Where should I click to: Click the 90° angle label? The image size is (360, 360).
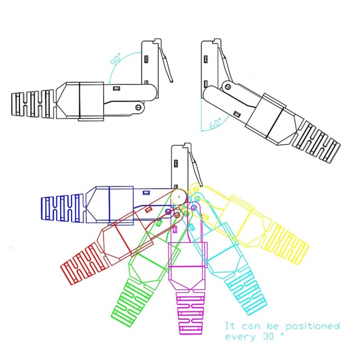pos(116,59)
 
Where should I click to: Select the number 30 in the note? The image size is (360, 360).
pos(268,336)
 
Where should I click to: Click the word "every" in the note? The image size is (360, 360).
pos(240,337)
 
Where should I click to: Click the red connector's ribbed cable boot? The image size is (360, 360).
pos(84,263)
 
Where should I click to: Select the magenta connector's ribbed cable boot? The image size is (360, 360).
pos(191,312)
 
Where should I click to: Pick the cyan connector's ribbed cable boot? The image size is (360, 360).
pos(246,291)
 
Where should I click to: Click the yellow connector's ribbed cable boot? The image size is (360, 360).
pos(285,245)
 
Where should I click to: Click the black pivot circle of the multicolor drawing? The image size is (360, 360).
pos(179,196)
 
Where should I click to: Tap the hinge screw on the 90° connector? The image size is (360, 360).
pos(138,107)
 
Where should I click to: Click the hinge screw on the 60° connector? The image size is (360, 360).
pos(228,86)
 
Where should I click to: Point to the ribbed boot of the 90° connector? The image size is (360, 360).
pos(33,104)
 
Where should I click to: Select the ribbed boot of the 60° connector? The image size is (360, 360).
pos(316,142)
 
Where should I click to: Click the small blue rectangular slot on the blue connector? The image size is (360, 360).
pos(146,193)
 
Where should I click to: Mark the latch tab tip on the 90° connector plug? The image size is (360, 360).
pos(172,81)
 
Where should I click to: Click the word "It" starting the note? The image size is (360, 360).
pos(229,326)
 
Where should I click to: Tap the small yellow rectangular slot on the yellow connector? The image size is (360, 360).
pos(205,216)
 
